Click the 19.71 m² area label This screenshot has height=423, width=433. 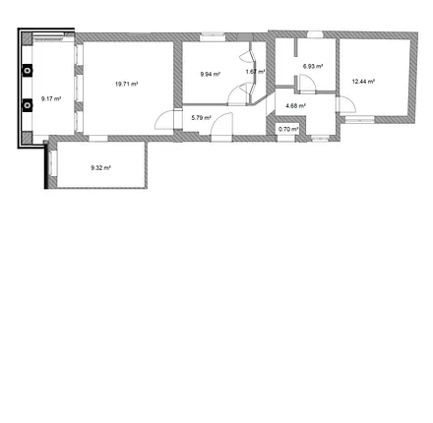coord(126,84)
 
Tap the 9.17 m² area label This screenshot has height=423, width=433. coord(51,98)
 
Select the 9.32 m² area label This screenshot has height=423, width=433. coord(99,168)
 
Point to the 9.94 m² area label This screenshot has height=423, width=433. coord(210,74)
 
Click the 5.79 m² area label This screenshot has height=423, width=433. coord(201,118)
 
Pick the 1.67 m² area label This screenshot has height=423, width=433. coord(255,72)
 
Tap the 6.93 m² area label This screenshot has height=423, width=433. coord(313,66)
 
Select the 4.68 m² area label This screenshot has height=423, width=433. coord(295,105)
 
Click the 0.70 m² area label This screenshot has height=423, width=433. coord(287,129)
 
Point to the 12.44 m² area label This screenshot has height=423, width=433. coord(363,82)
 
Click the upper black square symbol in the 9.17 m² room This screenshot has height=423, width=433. coord(27,71)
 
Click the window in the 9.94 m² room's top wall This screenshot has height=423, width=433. coord(213,38)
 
